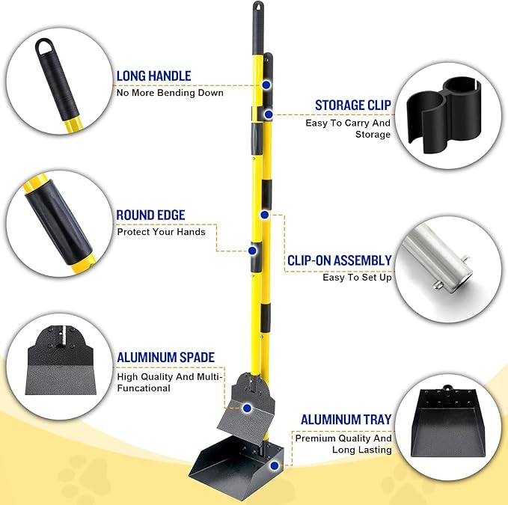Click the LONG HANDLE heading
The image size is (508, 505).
[x=153, y=76]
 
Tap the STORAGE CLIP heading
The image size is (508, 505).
[x=352, y=105]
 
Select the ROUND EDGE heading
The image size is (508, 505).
[x=150, y=215]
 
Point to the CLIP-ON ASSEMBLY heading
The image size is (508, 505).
[x=339, y=260]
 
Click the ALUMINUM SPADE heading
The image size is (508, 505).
[x=166, y=358]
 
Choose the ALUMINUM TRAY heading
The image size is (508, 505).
[x=346, y=420]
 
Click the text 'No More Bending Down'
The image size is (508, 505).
[x=169, y=93]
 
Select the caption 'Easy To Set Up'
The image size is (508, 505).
[x=357, y=278]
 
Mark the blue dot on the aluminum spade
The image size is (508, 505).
[x=248, y=408]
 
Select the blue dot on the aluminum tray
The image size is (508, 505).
[x=275, y=465]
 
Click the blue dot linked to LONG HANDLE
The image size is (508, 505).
[x=265, y=85]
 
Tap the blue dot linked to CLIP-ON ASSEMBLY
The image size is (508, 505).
[x=264, y=215]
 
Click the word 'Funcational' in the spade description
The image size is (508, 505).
[x=144, y=388]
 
